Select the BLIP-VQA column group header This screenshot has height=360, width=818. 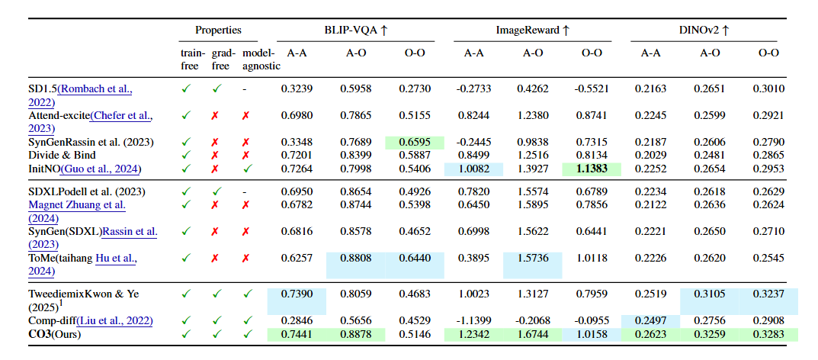pos(355,31)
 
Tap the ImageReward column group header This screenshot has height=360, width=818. pos(533,31)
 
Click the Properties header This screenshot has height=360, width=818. pos(218,31)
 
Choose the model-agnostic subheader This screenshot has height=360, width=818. pos(261,59)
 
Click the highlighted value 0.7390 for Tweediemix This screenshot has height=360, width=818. pos(297,294)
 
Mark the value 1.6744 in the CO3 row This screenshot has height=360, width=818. pos(533,334)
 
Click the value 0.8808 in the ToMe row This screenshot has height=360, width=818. pos(355,259)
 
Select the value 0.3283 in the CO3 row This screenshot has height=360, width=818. pos(768,334)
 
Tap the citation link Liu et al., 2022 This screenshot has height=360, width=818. pos(124,321)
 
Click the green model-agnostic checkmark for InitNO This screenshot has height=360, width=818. pos(245,169)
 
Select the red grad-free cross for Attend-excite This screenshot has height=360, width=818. pos(217,116)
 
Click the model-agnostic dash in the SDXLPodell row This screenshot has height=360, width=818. pos(245,191)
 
